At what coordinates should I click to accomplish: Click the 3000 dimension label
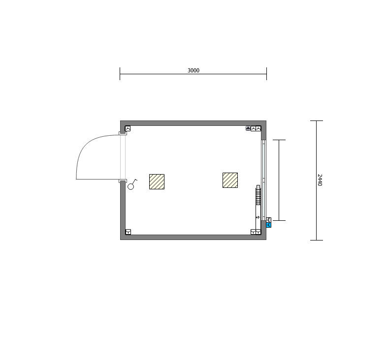(193, 70)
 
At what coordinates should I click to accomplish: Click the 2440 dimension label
(320, 180)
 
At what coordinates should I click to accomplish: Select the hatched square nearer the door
(157, 182)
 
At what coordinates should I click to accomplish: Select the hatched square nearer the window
(230, 180)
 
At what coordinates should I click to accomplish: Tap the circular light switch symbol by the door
(131, 187)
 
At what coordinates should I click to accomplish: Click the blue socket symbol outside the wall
(268, 225)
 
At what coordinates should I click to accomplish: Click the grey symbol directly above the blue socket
(268, 220)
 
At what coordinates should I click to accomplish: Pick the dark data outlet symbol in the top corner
(248, 128)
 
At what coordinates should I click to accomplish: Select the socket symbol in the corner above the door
(128, 128)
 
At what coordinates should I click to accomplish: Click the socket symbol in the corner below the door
(128, 232)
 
